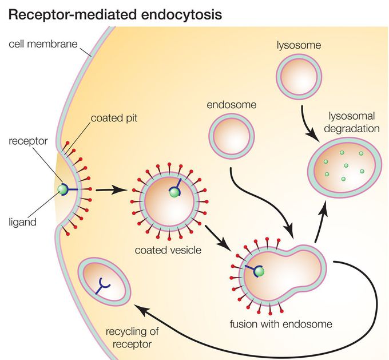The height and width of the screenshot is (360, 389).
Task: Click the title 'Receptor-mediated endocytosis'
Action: (x=114, y=14)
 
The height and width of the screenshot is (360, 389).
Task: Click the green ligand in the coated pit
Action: (x=62, y=189)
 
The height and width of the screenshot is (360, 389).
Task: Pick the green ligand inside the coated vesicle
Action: (x=174, y=193)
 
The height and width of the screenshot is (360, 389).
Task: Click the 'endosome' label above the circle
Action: (x=232, y=105)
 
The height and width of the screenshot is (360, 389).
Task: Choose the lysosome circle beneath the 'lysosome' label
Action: (x=298, y=77)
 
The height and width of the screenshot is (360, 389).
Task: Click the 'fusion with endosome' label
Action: (x=281, y=325)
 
